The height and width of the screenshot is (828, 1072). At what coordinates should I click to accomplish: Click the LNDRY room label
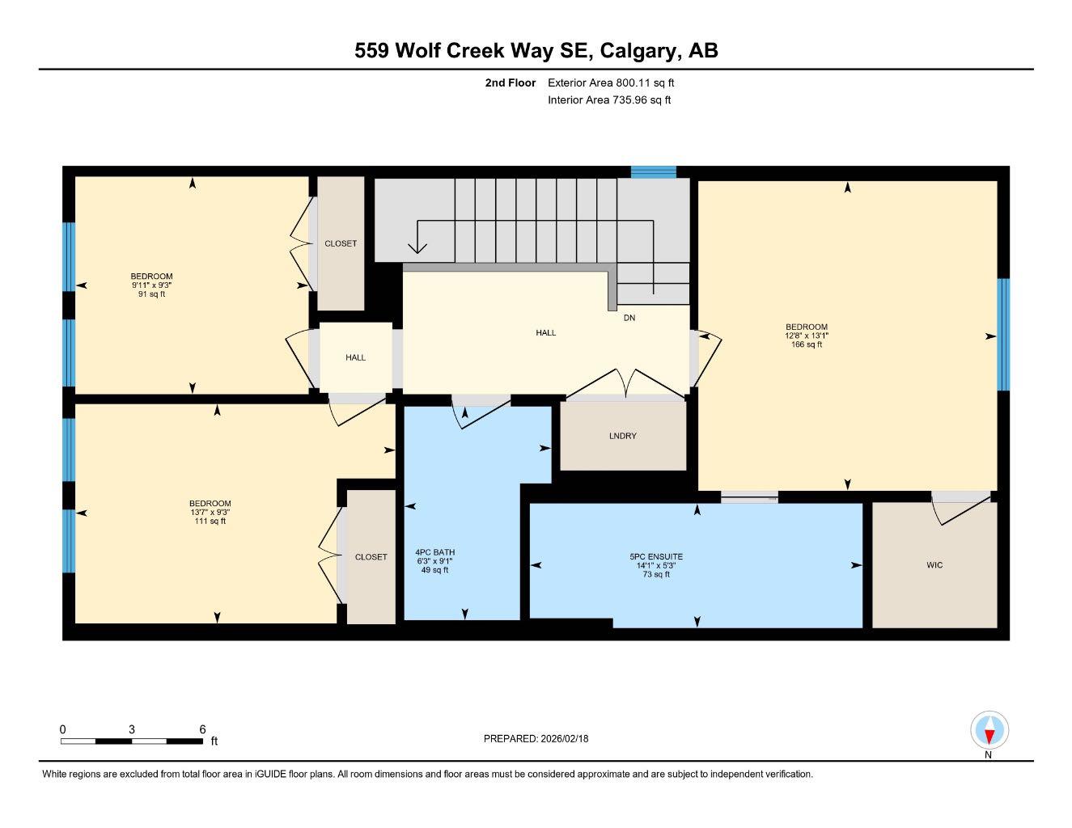pos(623,436)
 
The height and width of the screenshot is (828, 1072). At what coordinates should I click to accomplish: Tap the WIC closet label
pos(934,565)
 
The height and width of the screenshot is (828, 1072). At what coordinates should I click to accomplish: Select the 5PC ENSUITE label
pos(656,556)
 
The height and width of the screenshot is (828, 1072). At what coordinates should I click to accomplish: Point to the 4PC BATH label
pos(435,552)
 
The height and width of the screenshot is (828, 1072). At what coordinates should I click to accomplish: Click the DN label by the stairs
pos(629,318)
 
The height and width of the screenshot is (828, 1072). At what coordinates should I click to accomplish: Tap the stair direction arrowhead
pos(417,248)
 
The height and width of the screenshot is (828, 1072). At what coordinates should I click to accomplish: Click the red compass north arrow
pos(989,737)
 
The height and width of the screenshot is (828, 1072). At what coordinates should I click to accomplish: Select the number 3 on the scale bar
pos(132,729)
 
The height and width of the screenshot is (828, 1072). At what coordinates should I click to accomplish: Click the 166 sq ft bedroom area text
pos(807,344)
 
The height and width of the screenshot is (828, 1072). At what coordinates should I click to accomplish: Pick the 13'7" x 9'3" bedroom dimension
pos(210,512)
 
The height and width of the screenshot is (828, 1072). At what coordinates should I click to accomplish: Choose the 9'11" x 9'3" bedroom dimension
pos(151,285)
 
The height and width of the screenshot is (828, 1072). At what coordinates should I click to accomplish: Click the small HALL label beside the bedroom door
pos(355,357)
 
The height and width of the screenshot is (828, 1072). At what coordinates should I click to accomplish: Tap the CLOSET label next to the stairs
pos(341,243)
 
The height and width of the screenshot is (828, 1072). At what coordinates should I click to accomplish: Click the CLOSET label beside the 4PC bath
pos(371,557)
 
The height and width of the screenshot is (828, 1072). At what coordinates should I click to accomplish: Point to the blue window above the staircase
pos(654,172)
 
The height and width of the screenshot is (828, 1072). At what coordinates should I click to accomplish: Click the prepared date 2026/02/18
pos(565,739)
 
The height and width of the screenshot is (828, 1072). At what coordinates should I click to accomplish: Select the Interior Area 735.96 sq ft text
pos(609,100)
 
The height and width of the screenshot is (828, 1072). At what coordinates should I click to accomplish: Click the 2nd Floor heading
pos(510,82)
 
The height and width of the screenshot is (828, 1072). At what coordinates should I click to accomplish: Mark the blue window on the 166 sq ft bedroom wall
pos(1003,335)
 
